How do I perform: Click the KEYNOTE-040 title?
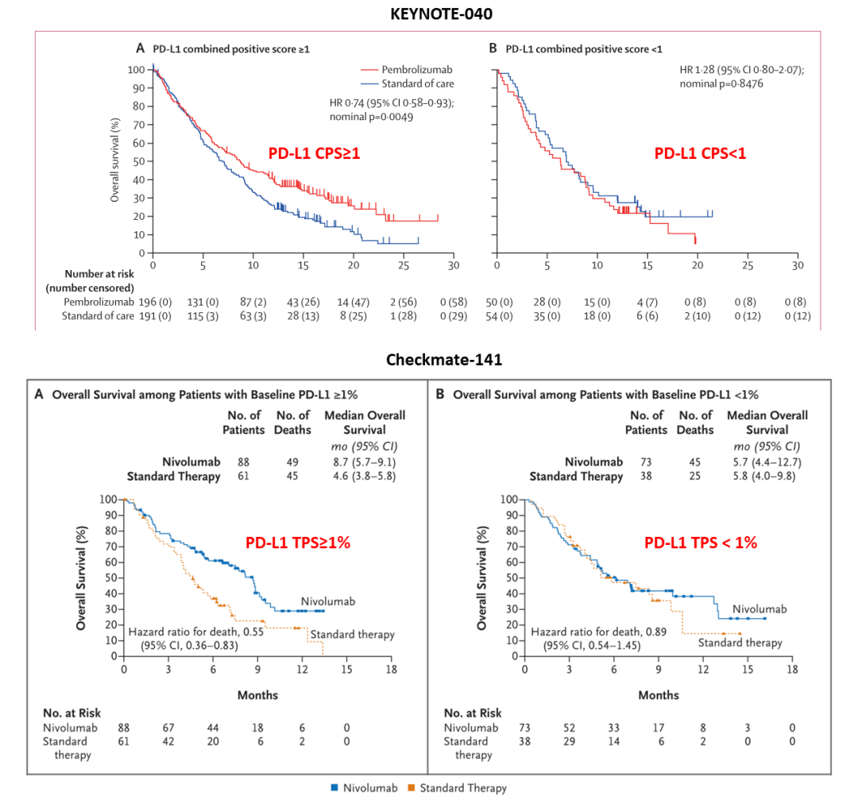coord(429,14)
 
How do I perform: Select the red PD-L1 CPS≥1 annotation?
coord(314,154)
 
